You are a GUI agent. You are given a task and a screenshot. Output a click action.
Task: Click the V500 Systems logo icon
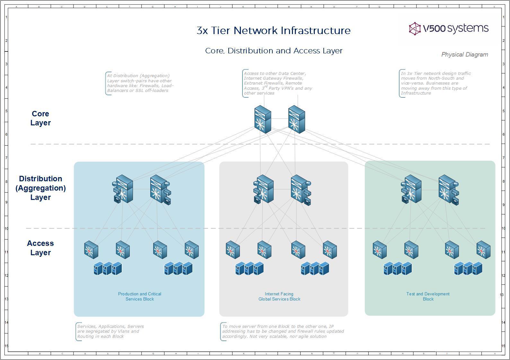[x=415, y=29]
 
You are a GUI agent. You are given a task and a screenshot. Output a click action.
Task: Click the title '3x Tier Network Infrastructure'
[x=273, y=31]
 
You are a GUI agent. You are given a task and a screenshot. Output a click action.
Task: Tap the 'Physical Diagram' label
[x=464, y=55]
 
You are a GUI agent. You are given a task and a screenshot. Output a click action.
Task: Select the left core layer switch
[x=262, y=119]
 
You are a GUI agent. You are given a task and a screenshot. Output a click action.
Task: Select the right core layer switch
[x=296, y=119]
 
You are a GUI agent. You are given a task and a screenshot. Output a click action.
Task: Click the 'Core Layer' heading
[x=40, y=118]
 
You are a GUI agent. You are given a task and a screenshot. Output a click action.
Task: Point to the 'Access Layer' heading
[x=40, y=248]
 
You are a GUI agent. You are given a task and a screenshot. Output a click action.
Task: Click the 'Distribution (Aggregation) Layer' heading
[x=40, y=188]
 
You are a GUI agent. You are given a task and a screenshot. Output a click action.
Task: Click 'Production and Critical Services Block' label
[x=140, y=296]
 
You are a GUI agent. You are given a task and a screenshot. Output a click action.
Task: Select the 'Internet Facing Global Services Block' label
[x=279, y=296]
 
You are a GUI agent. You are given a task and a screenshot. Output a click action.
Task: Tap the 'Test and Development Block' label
[x=428, y=296]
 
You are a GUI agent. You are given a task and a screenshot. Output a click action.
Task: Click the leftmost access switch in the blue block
[x=91, y=250]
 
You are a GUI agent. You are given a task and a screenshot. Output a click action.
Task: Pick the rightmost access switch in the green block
[x=483, y=250]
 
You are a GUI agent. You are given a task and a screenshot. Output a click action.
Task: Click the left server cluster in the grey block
[x=249, y=269]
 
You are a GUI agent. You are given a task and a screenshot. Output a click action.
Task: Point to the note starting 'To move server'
[x=283, y=331]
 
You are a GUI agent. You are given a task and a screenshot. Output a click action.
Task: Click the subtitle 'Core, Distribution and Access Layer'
[x=274, y=51]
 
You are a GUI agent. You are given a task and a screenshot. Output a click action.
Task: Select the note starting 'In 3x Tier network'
[x=435, y=83]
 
